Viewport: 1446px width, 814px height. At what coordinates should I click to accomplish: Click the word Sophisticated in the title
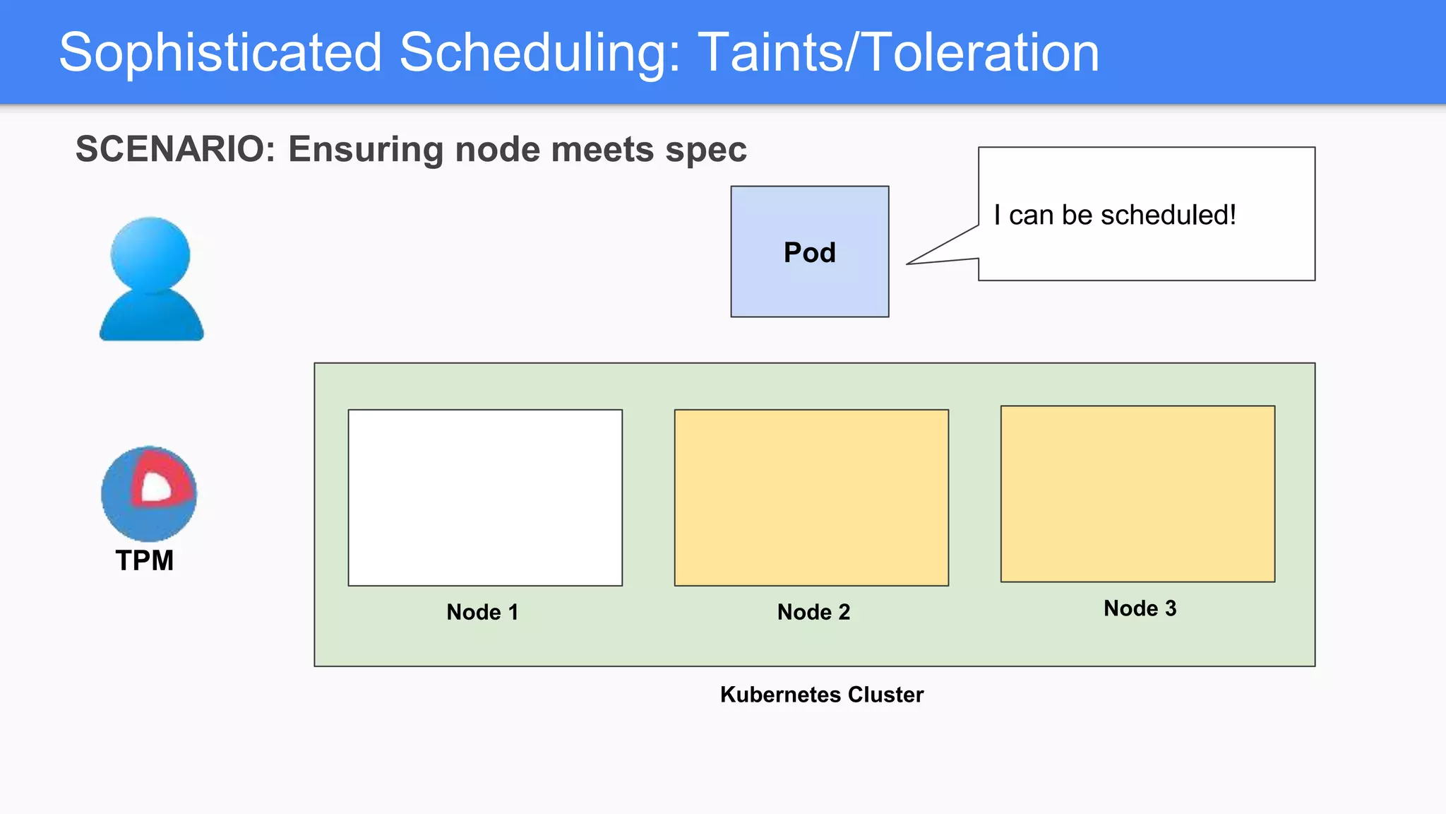point(220,53)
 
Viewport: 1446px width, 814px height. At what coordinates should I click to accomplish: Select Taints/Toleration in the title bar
point(898,53)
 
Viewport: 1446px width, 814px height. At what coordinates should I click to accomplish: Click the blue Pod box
point(809,252)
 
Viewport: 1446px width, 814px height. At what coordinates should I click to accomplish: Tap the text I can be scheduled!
point(1114,215)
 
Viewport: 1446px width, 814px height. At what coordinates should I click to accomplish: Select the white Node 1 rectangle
point(485,497)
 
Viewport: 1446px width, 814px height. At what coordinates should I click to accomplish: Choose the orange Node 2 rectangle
point(811,497)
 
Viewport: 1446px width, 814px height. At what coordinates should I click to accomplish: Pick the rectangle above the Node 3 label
point(1137,494)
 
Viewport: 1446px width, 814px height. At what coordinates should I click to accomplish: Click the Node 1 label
point(482,612)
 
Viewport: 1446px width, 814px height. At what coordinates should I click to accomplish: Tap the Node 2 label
point(813,612)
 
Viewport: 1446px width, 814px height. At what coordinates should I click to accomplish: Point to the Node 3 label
point(1140,608)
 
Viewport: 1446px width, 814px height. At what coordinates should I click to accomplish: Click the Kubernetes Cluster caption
point(821,695)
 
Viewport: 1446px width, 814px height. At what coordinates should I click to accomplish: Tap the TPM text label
point(145,560)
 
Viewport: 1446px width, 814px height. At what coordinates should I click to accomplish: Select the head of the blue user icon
point(150,254)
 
